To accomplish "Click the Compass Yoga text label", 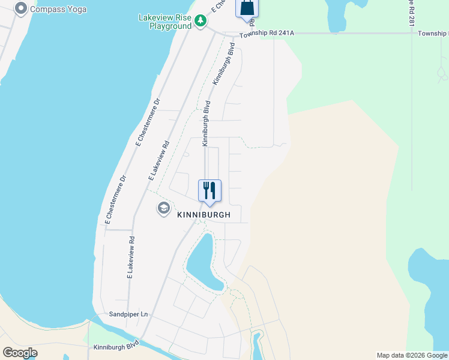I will coord(58,9).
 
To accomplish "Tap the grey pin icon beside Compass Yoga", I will coord(21,8).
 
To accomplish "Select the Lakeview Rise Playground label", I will coord(164,22).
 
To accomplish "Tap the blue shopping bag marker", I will coord(247,8).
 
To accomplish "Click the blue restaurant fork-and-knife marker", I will coord(209,191).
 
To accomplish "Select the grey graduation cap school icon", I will coord(163,208).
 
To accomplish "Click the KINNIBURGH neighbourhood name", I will coord(204,214).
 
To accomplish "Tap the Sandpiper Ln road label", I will coord(128,314).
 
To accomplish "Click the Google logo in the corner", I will coord(20,353).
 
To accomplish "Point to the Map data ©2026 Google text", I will coord(411,355).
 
